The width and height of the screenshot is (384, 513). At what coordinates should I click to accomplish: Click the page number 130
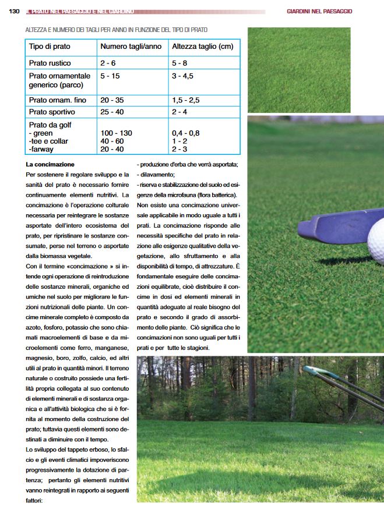[x=15, y=11]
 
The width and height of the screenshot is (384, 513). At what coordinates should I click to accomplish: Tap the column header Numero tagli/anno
[x=131, y=47]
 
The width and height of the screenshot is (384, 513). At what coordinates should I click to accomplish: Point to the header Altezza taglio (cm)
[x=202, y=47]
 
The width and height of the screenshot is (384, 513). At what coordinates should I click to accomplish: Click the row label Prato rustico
[x=51, y=62]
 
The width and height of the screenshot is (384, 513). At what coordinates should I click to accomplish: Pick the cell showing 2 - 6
[x=108, y=62]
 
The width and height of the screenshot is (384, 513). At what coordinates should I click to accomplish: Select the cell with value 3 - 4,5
[x=182, y=76]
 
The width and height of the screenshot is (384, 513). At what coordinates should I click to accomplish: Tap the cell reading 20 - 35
[x=112, y=100]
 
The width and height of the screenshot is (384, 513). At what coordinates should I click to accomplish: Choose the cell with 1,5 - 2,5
[x=186, y=100]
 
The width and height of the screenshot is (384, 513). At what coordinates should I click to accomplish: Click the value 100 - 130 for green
[x=116, y=133]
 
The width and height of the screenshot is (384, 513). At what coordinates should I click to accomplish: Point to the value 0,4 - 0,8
[x=185, y=133]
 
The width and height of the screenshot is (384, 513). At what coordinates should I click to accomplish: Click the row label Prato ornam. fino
[x=57, y=100]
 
